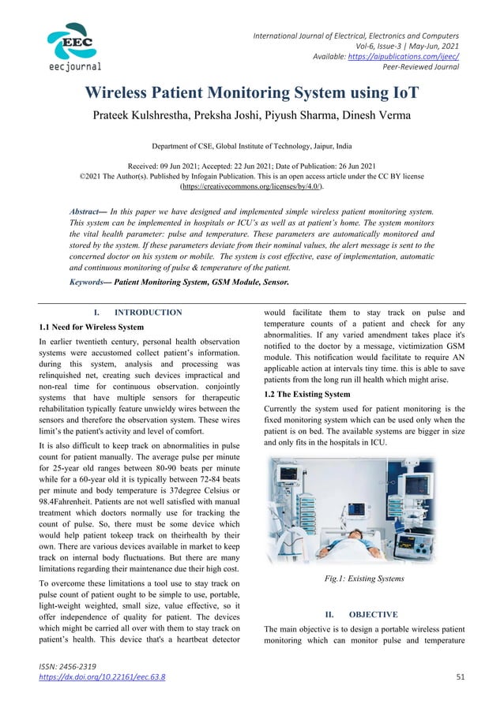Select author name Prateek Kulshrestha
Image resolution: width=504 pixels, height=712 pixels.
point(140,118)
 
